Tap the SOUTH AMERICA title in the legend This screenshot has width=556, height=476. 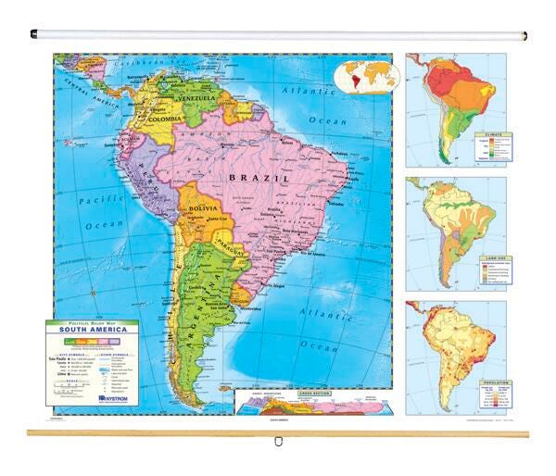(92, 329)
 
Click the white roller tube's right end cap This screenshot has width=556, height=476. (524, 36)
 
